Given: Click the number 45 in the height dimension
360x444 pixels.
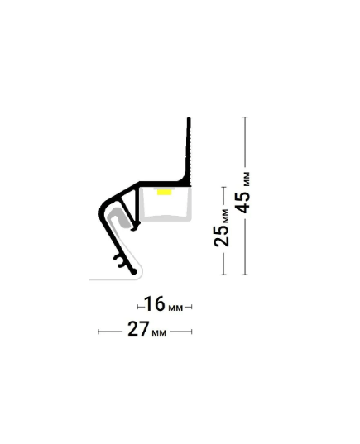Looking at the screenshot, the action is tap(243, 203).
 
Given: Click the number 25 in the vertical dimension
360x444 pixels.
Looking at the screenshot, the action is tap(222, 236).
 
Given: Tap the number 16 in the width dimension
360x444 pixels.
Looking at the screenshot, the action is tap(155, 303).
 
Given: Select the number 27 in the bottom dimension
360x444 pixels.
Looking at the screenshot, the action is tap(138, 329).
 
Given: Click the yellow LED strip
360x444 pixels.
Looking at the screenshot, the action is tap(165, 193).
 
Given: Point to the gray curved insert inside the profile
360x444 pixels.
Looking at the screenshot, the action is tap(121, 217).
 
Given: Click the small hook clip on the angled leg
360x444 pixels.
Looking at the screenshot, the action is tap(120, 260).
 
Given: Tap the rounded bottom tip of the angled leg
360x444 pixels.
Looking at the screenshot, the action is tap(134, 271).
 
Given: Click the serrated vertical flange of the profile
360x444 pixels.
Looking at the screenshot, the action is tap(189, 151).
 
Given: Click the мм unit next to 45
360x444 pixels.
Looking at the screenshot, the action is tap(247, 179).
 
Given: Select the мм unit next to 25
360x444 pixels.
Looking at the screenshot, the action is tap(224, 216).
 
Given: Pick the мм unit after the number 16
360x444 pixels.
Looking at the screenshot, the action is tap(175, 308).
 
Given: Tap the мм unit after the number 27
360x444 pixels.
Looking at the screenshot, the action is tap(159, 332).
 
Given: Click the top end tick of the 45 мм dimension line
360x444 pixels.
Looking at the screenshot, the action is tap(246, 117).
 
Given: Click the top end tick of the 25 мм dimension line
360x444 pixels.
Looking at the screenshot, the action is tap(223, 187).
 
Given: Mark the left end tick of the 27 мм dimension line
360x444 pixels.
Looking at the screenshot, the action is tap(98, 332).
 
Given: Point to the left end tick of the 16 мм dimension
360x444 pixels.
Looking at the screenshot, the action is tap(137, 307).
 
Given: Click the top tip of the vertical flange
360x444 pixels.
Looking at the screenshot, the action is tap(189, 117).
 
